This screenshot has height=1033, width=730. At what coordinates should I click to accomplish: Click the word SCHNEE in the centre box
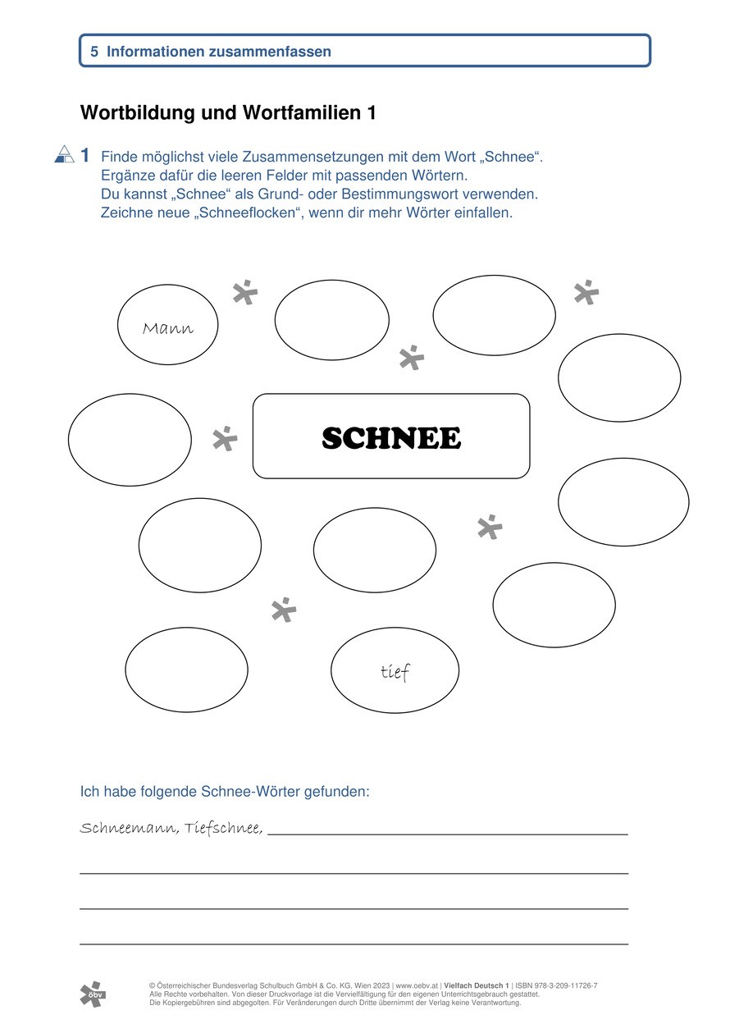[391, 438]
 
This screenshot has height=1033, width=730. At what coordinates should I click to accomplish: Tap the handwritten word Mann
[168, 329]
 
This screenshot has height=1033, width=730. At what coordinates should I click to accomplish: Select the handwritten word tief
[395, 673]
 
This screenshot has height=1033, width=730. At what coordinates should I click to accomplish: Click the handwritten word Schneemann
[128, 828]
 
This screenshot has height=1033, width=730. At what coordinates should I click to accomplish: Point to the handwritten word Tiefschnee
[224, 828]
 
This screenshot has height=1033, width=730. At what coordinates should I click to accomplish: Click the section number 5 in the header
[94, 51]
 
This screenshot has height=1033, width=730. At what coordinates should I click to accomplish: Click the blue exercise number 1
[85, 155]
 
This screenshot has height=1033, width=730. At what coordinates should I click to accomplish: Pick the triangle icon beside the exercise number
[64, 153]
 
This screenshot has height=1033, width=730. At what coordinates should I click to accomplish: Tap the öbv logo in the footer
[93, 994]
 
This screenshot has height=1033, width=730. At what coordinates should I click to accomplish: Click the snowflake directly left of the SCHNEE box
[224, 439]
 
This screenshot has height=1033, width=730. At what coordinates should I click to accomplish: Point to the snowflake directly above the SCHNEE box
[411, 358]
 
